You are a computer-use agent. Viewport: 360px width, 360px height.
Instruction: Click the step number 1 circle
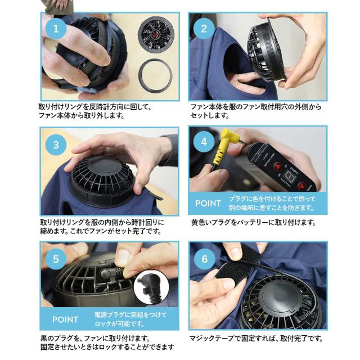[56, 29]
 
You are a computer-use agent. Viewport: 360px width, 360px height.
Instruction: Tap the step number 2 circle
[204, 29]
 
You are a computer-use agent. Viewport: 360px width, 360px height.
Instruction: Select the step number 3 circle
[56, 145]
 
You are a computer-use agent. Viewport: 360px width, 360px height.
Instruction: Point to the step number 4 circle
[204, 142]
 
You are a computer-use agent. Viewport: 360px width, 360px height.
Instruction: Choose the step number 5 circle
[56, 259]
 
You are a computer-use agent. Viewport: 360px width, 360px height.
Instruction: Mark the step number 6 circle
[204, 259]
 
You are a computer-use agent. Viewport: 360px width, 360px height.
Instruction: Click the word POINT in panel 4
[208, 204]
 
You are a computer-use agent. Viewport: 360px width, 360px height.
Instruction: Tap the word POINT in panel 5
[65, 319]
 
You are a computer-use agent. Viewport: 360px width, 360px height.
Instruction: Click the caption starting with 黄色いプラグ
[254, 222]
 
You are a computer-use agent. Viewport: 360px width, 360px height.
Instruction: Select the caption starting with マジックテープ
[256, 338]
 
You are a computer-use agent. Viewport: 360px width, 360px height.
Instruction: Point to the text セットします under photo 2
[210, 115]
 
